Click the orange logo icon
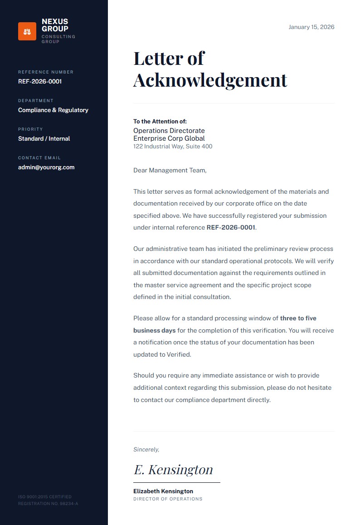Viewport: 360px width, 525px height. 27,31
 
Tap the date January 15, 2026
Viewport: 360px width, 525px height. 311,27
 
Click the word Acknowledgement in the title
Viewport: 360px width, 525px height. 210,80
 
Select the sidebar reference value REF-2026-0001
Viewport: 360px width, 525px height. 40,82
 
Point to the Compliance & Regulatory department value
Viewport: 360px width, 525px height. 53,110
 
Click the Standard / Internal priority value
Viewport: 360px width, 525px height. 44,139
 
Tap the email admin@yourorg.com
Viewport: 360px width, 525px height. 46,167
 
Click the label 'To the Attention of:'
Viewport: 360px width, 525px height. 160,122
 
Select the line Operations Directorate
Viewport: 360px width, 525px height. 169,131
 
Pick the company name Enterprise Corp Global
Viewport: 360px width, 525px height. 169,138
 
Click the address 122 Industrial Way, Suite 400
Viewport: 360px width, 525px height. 173,147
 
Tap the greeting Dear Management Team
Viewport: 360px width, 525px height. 170,171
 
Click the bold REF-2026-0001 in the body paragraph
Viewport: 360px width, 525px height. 231,228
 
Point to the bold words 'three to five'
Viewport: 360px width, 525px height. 298,319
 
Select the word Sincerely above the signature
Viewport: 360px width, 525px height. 146,450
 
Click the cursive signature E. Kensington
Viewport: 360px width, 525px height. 173,470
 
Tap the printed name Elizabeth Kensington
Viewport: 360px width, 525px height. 163,491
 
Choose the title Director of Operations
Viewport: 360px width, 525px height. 168,499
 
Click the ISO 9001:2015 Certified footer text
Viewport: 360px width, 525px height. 45,497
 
